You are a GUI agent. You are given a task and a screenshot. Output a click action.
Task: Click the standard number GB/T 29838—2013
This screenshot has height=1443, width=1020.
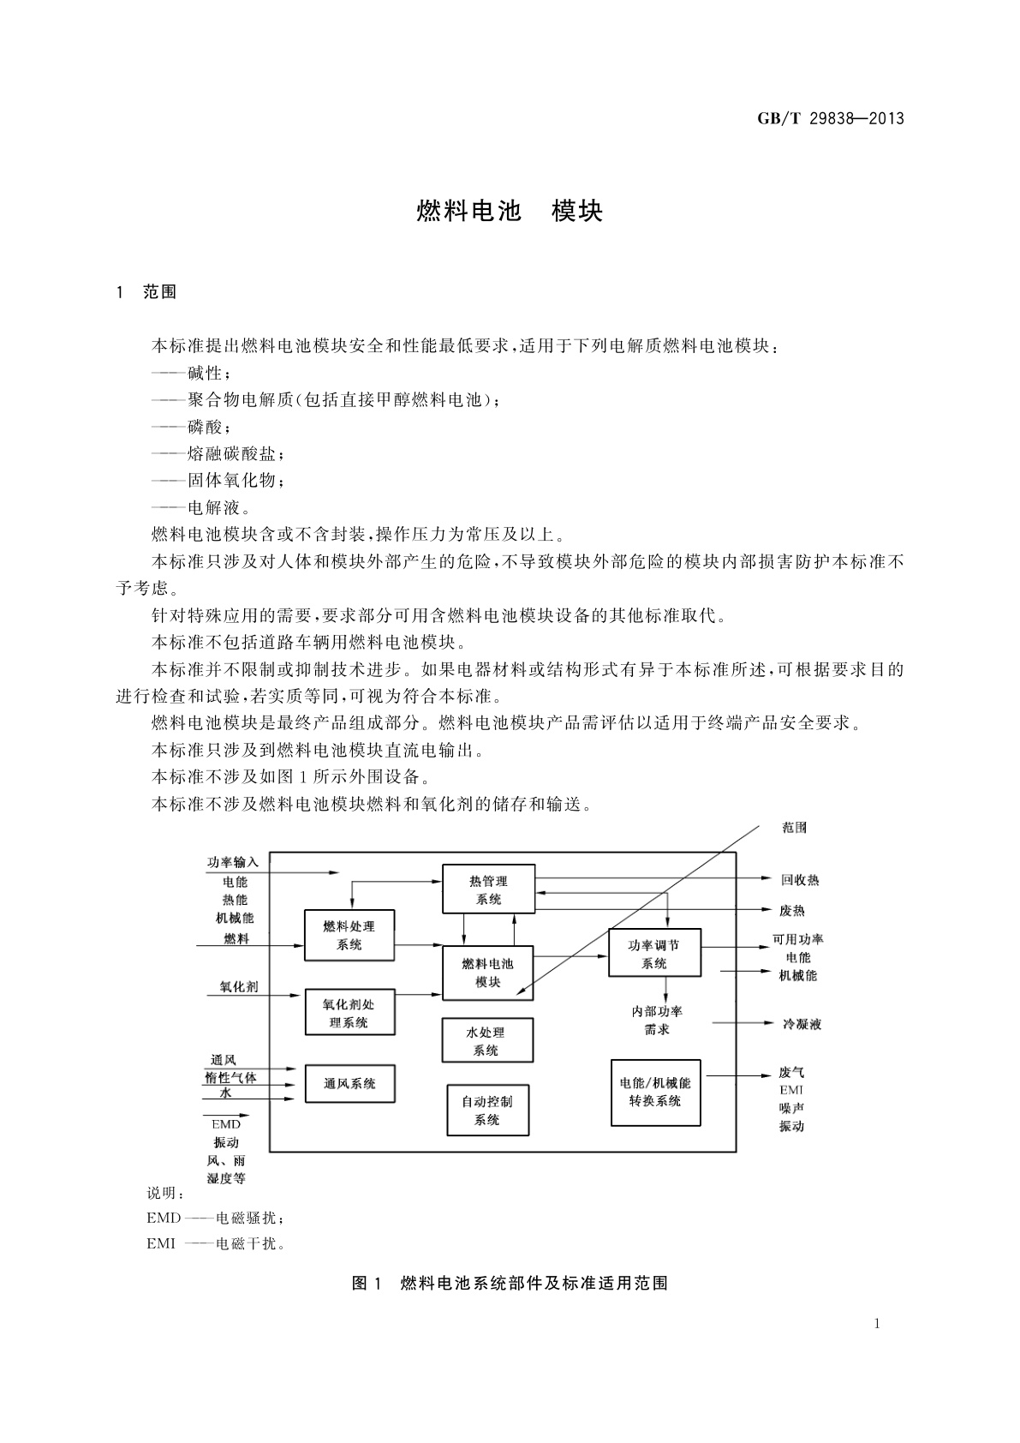click(830, 118)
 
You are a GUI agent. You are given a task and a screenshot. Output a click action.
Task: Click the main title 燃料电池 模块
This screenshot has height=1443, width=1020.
click(510, 211)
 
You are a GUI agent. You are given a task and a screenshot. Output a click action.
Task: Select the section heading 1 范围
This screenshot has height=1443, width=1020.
click(146, 291)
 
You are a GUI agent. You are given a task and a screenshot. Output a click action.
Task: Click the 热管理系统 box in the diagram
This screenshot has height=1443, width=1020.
click(488, 889)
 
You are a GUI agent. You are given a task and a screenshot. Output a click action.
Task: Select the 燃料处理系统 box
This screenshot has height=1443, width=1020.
click(349, 935)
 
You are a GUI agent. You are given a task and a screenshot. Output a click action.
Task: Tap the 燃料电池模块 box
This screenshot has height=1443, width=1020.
click(487, 973)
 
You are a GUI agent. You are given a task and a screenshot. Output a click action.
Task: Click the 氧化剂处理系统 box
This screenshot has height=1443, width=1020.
click(349, 1013)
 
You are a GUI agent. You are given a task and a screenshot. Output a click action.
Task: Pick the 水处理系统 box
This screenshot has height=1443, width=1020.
click(486, 1041)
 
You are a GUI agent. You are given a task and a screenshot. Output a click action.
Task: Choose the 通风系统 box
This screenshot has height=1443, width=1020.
click(349, 1083)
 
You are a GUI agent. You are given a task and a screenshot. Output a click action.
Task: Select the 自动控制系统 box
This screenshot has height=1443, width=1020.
click(487, 1111)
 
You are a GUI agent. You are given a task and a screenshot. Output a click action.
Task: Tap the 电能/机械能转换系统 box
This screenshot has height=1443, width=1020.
click(655, 1092)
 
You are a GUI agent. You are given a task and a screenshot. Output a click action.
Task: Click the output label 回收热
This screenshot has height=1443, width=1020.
click(800, 880)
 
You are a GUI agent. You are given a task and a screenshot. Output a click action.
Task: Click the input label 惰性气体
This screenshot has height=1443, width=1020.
click(230, 1076)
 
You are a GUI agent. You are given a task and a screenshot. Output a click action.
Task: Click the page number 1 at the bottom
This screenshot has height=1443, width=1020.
click(877, 1323)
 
